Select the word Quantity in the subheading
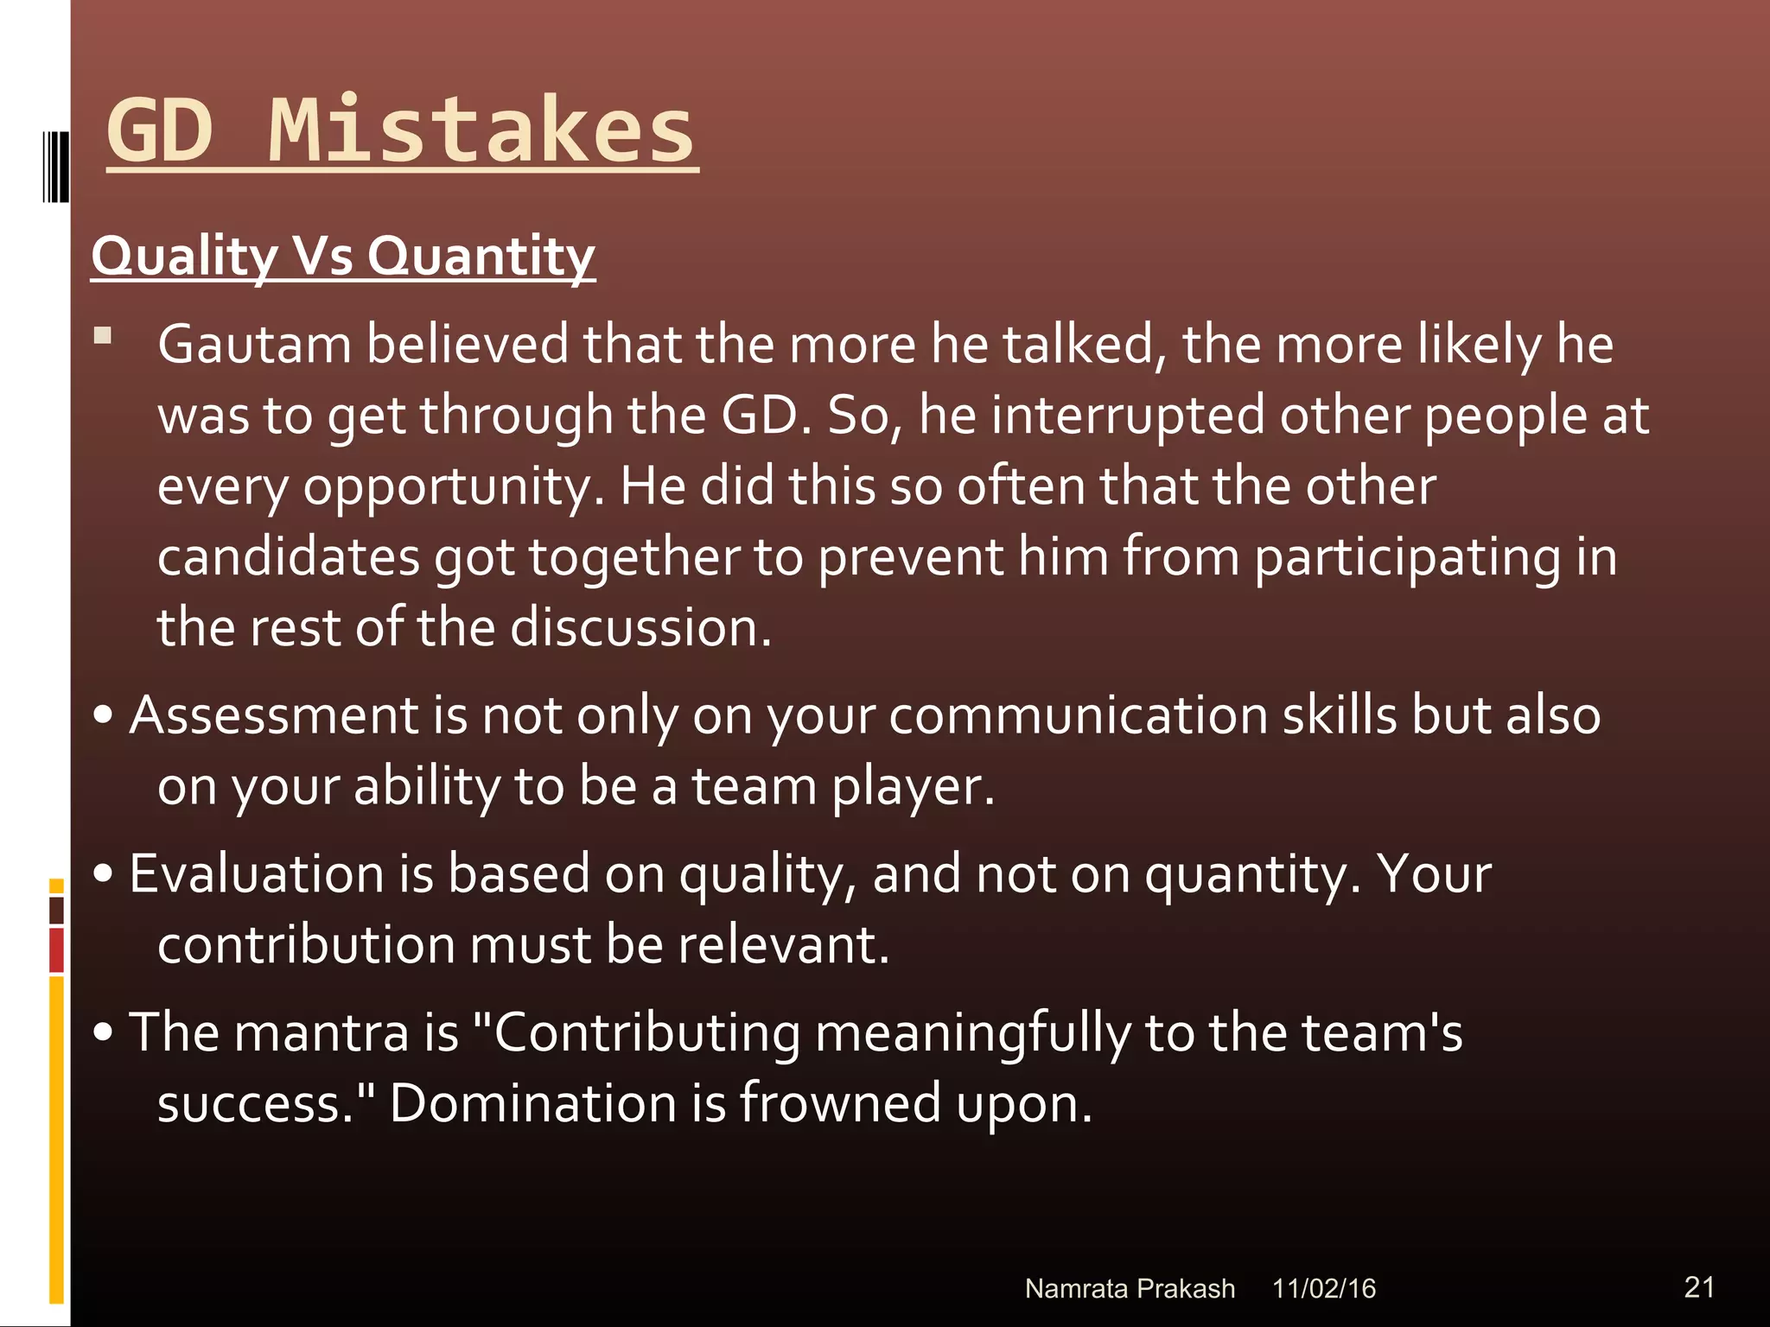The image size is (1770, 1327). (481, 257)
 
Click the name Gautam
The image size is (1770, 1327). (254, 344)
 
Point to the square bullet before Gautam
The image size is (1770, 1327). (103, 335)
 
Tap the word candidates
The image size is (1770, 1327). (289, 557)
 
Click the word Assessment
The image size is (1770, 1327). (274, 715)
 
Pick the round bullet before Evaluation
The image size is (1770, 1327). (104, 873)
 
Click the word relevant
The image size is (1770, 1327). (782, 944)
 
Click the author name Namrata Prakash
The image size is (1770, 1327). (1129, 1288)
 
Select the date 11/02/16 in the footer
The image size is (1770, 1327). (1323, 1288)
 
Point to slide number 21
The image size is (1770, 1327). (1699, 1286)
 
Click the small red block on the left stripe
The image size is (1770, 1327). (56, 949)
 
